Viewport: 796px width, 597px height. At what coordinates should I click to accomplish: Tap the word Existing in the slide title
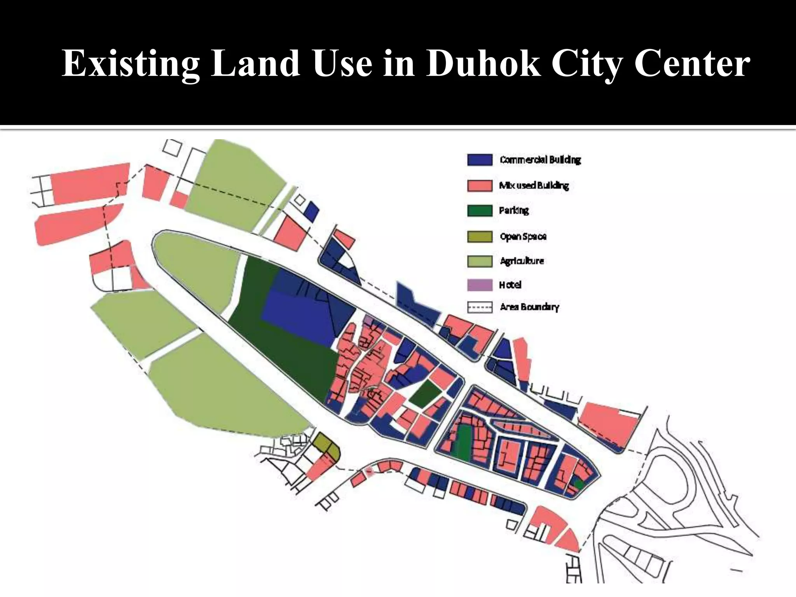[x=131, y=63]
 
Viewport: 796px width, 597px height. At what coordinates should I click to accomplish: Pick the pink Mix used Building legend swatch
[x=480, y=185]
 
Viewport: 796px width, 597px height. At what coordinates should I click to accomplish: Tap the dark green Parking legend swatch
[x=480, y=211]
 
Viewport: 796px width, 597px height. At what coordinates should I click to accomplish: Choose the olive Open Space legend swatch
[x=480, y=236]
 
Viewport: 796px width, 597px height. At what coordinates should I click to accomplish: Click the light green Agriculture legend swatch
[x=480, y=261]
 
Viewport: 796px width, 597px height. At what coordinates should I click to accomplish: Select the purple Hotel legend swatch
[x=480, y=285]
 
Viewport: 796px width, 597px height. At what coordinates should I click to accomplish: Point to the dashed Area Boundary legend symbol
[x=480, y=307]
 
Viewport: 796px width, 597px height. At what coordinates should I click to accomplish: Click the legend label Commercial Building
[x=540, y=160]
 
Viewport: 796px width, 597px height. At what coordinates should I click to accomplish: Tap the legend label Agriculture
[x=522, y=261]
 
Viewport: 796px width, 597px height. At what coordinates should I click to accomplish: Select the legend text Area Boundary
[x=529, y=307]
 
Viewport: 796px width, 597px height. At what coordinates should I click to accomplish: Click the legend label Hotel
[x=510, y=285]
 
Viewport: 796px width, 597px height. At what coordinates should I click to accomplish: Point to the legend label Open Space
[x=523, y=236]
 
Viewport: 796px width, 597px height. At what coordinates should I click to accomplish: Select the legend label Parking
[x=514, y=211]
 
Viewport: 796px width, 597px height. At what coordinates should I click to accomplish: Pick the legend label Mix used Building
[x=534, y=185]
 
